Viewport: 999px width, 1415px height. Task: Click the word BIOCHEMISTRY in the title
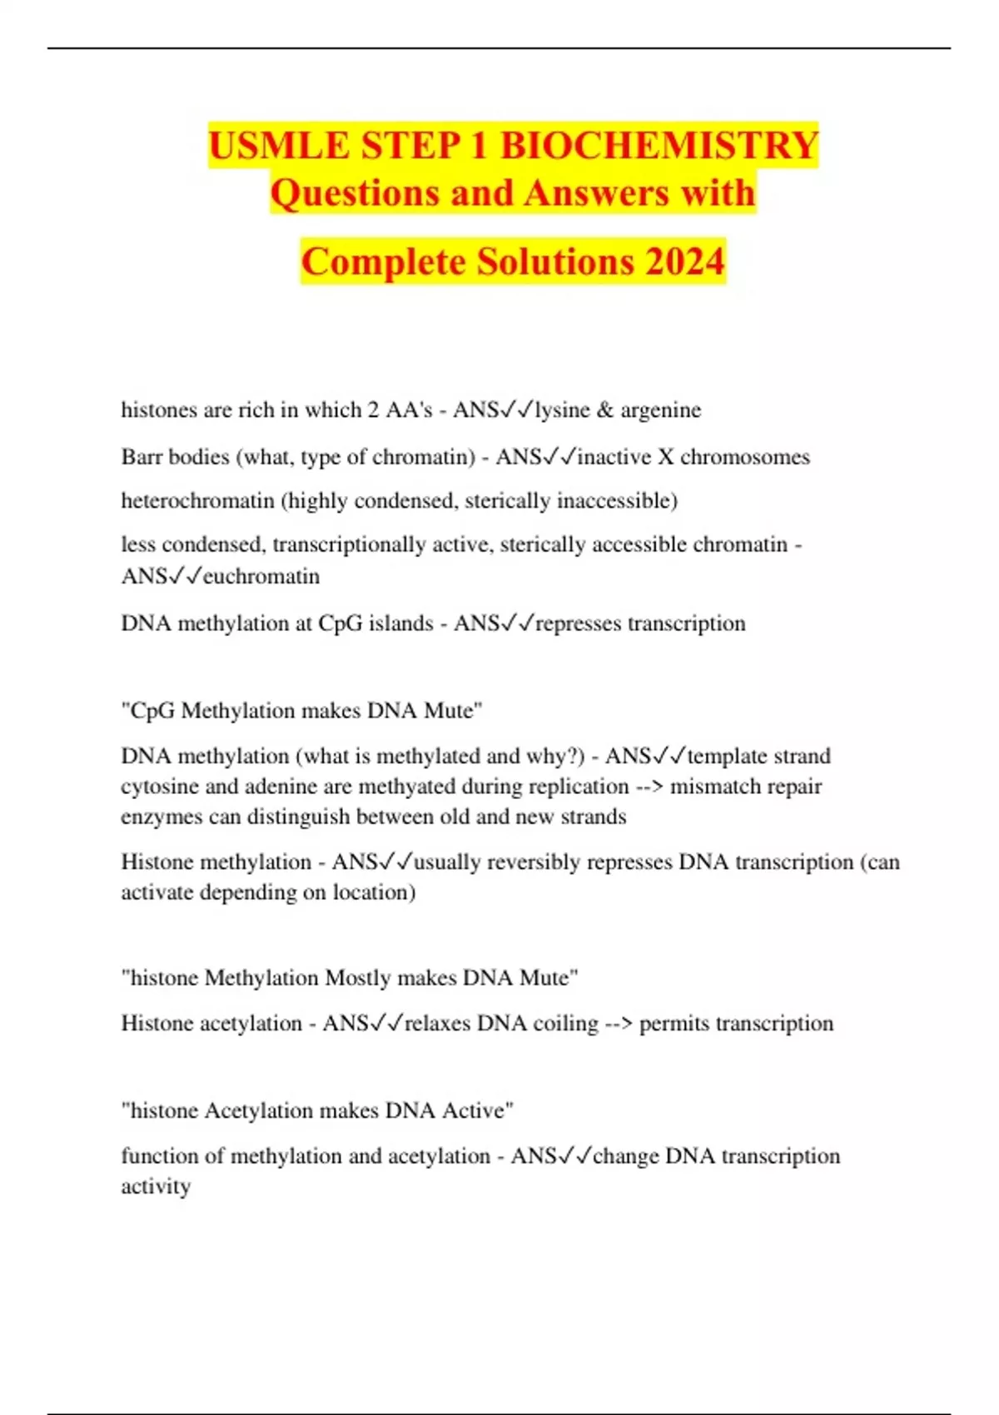pyautogui.click(x=659, y=146)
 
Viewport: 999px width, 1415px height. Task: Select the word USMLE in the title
pyautogui.click(x=280, y=146)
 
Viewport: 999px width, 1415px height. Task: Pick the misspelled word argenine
pyautogui.click(x=661, y=410)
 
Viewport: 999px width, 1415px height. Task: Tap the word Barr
pyautogui.click(x=142, y=457)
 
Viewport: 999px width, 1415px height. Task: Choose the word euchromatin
pyautogui.click(x=261, y=576)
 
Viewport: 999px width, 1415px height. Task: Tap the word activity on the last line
pyautogui.click(x=156, y=1186)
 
